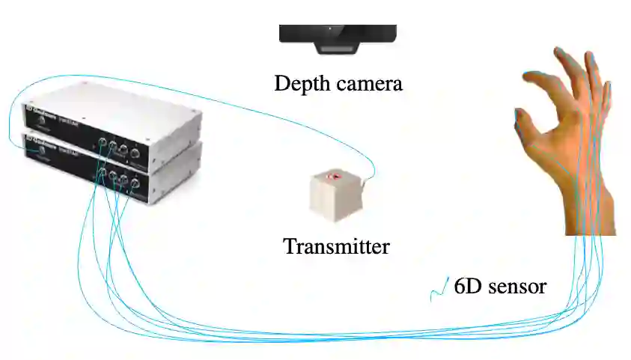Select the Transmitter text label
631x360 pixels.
tap(336, 245)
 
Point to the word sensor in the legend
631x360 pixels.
tap(516, 286)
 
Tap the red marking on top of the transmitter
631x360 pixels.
tap(334, 177)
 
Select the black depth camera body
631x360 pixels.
tap(338, 33)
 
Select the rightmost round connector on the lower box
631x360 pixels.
tap(135, 183)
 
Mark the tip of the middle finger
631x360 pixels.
tap(559, 52)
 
